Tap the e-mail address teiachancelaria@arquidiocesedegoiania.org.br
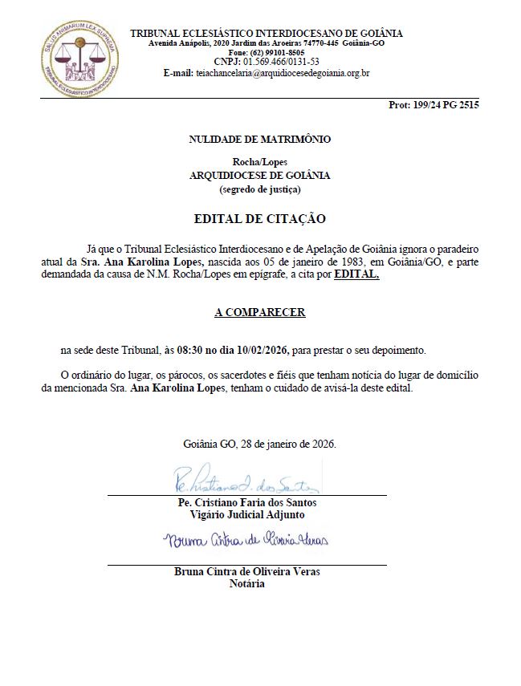tap(282, 72)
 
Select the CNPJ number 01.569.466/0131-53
tap(283, 62)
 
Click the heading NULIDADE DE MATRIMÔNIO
tap(259, 139)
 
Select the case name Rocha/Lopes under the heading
tap(259, 162)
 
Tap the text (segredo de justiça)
tap(259, 189)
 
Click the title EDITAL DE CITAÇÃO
tap(259, 218)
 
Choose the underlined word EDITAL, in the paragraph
tap(356, 274)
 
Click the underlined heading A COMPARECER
tap(259, 312)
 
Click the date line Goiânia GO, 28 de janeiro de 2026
tap(259, 444)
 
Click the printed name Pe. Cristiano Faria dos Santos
tap(246, 502)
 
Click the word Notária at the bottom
tap(246, 583)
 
